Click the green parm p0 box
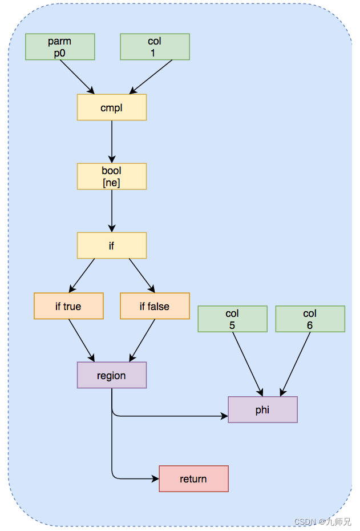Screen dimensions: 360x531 tap(60, 47)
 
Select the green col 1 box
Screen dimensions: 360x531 tap(155, 47)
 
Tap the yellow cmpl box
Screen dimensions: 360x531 tap(112, 107)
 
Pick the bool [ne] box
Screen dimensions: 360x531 tap(112, 176)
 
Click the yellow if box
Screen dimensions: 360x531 tap(112, 246)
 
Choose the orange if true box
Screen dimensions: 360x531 tap(68, 306)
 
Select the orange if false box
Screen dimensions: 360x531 tap(155, 306)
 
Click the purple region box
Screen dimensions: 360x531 tap(112, 375)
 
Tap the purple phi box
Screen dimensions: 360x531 tap(263, 409)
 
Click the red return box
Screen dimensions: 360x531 tap(194, 478)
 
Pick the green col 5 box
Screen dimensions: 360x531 tap(232, 319)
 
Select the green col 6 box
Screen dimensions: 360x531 tap(310, 319)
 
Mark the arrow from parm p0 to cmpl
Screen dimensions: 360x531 tap(77, 77)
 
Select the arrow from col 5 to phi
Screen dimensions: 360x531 tap(248, 364)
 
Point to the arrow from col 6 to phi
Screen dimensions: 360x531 tap(295, 364)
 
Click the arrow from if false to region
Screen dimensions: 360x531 tap(142, 340)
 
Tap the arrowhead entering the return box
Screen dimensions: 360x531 tap(156, 478)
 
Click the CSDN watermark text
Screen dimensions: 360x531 tap(322, 521)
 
